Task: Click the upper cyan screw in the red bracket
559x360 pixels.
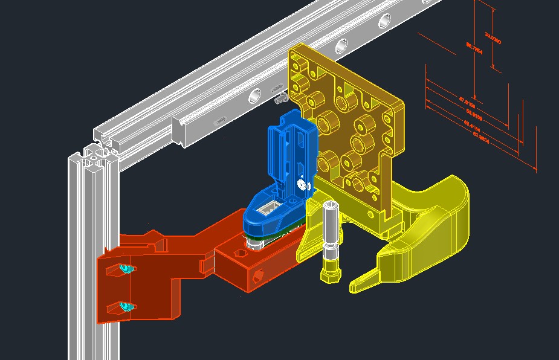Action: click(125, 268)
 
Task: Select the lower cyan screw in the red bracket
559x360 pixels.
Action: click(126, 307)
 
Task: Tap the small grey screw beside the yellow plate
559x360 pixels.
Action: click(281, 97)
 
